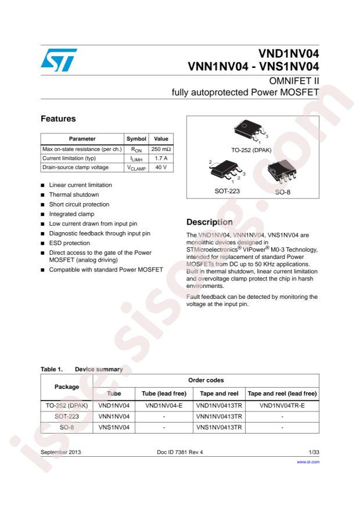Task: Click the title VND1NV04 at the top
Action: pyautogui.click(x=288, y=56)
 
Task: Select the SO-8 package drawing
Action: pyautogui.click(x=282, y=173)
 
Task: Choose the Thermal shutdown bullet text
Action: pyautogui.click(x=74, y=194)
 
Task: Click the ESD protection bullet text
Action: pyautogui.click(x=71, y=243)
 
